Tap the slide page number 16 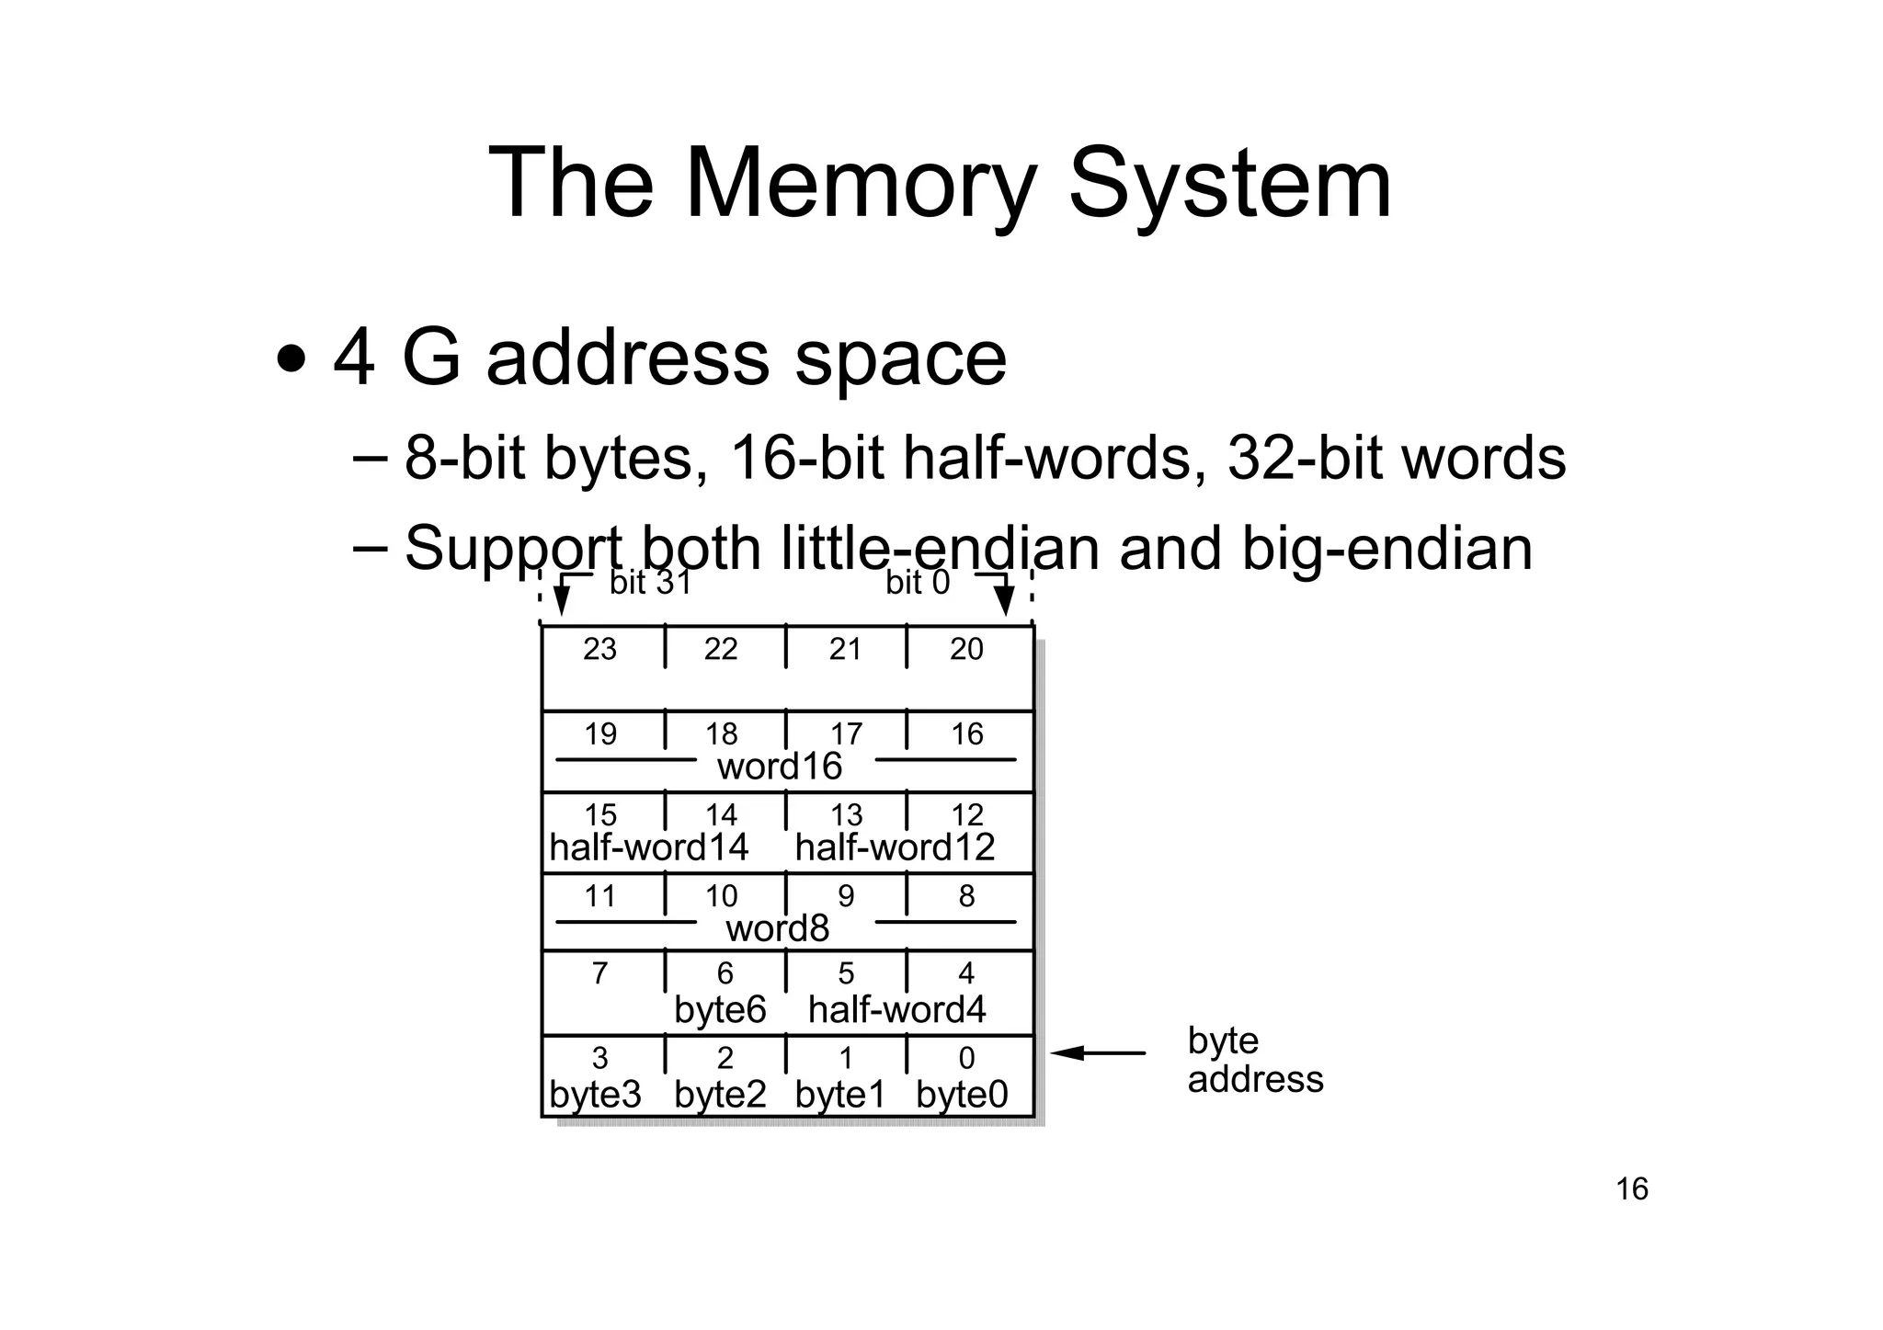[1632, 1189]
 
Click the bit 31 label [650, 583]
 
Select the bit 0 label [917, 583]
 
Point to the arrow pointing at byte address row [1098, 1053]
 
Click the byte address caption [1254, 1060]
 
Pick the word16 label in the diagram [779, 767]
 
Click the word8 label [777, 928]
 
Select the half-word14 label [648, 847]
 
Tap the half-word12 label [895, 847]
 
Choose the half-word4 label [896, 1010]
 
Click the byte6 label [720, 1010]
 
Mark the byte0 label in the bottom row [962, 1095]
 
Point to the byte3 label [595, 1095]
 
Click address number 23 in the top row [599, 650]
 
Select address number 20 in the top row [966, 650]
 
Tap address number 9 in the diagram [846, 896]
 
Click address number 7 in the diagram [599, 973]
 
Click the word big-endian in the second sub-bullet [1387, 549]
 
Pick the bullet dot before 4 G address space [291, 358]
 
